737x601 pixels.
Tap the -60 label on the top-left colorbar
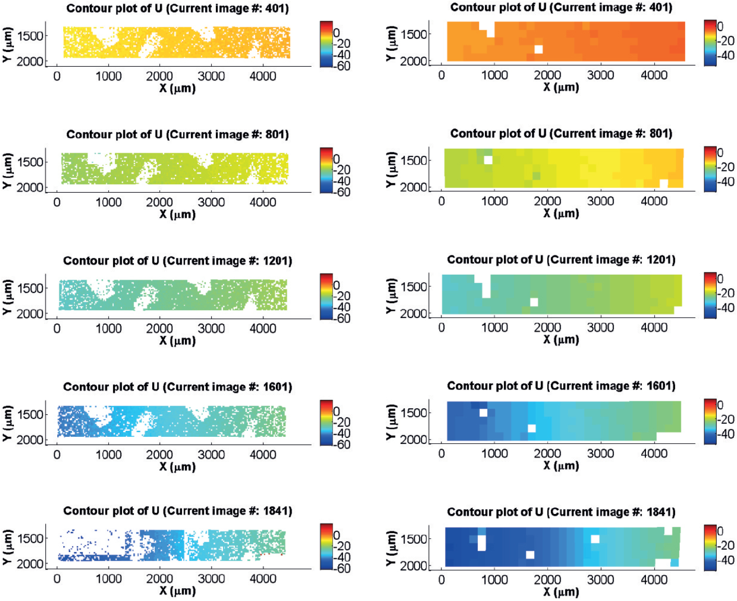coord(342,66)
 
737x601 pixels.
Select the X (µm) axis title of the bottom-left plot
coord(177,591)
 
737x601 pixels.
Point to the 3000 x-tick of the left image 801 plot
coord(211,202)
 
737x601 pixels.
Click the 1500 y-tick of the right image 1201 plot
coord(413,287)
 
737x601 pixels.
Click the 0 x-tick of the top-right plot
coord(441,75)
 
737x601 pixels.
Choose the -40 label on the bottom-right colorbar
coord(725,560)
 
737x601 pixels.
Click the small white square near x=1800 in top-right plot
coord(539,49)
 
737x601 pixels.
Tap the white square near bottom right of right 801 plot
coord(663,183)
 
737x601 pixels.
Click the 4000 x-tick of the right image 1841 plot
coord(654,580)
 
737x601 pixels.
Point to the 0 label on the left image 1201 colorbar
coord(336,285)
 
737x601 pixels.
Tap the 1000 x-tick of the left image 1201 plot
coord(109,329)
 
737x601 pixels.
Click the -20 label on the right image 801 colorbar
coord(725,167)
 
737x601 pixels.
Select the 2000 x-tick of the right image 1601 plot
coord(547,454)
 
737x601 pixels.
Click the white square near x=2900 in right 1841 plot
coord(595,539)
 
